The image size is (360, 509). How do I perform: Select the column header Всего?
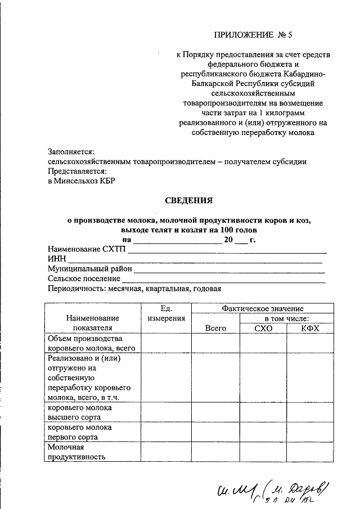point(215,328)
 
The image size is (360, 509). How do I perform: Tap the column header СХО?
point(263,328)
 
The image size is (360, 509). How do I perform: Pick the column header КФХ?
point(310,328)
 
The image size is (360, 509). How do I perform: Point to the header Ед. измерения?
point(166,313)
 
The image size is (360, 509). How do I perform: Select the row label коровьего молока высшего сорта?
point(79,412)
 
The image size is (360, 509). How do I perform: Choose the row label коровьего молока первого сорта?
point(79,432)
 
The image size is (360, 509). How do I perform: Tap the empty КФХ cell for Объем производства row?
point(310,344)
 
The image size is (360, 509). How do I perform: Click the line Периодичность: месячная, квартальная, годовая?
point(134,289)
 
